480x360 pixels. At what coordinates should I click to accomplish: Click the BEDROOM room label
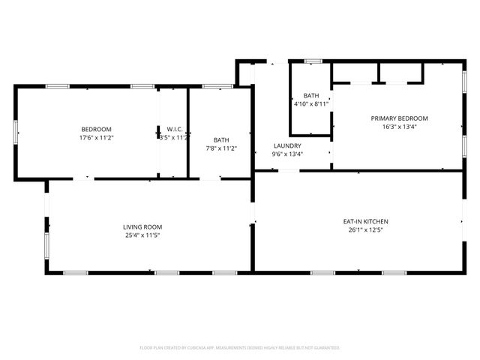tap(97, 129)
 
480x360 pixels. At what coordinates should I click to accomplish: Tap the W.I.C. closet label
tap(175, 129)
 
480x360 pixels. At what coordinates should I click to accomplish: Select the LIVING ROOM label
tap(142, 226)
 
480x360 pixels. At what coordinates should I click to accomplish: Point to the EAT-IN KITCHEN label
tap(365, 221)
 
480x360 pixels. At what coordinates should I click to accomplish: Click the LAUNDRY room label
tap(287, 145)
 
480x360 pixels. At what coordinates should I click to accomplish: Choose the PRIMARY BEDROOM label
tap(399, 118)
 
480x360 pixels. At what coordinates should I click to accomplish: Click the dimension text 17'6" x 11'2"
tap(97, 138)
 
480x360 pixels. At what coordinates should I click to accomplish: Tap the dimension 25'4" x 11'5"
tap(142, 235)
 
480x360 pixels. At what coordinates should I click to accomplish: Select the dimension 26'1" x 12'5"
tap(365, 230)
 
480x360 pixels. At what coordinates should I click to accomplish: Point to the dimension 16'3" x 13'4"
tap(399, 127)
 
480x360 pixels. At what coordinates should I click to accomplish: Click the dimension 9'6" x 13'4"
tap(287, 154)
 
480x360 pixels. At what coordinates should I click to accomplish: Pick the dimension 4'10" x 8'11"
tap(311, 104)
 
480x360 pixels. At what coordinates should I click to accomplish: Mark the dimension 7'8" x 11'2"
tap(221, 148)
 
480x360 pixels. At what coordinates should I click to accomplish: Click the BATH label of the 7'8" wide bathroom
tap(221, 139)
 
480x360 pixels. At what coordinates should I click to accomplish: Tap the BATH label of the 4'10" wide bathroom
tap(311, 95)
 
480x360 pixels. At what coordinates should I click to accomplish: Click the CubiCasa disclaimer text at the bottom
tap(240, 348)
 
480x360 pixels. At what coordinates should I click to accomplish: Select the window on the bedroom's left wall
tap(15, 132)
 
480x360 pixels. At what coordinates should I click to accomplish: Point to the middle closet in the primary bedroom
tap(379, 73)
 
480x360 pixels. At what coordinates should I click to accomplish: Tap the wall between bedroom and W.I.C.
tap(158, 132)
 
